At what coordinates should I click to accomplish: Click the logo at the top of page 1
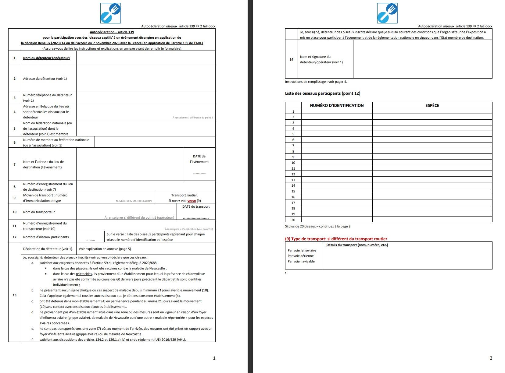(x=110, y=13)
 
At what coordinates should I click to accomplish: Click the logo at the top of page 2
(x=387, y=13)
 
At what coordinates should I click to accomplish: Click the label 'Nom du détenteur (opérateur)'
(x=46, y=58)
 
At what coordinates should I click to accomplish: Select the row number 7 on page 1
(x=14, y=164)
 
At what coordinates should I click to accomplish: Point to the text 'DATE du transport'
(x=196, y=206)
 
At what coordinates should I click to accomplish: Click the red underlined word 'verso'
(x=192, y=201)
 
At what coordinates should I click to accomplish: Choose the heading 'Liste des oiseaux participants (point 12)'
(x=323, y=93)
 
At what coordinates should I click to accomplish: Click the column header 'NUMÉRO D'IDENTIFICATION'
(x=337, y=105)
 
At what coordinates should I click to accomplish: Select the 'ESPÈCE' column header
(x=432, y=105)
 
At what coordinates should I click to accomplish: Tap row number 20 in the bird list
(x=293, y=220)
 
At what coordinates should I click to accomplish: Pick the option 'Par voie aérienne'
(x=301, y=256)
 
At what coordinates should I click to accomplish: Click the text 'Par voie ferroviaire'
(x=302, y=250)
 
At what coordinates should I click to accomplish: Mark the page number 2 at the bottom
(x=491, y=358)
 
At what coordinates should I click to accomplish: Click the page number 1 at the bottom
(x=214, y=358)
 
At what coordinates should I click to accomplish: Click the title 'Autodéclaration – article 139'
(x=112, y=32)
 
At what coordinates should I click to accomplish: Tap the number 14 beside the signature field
(x=291, y=59)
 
